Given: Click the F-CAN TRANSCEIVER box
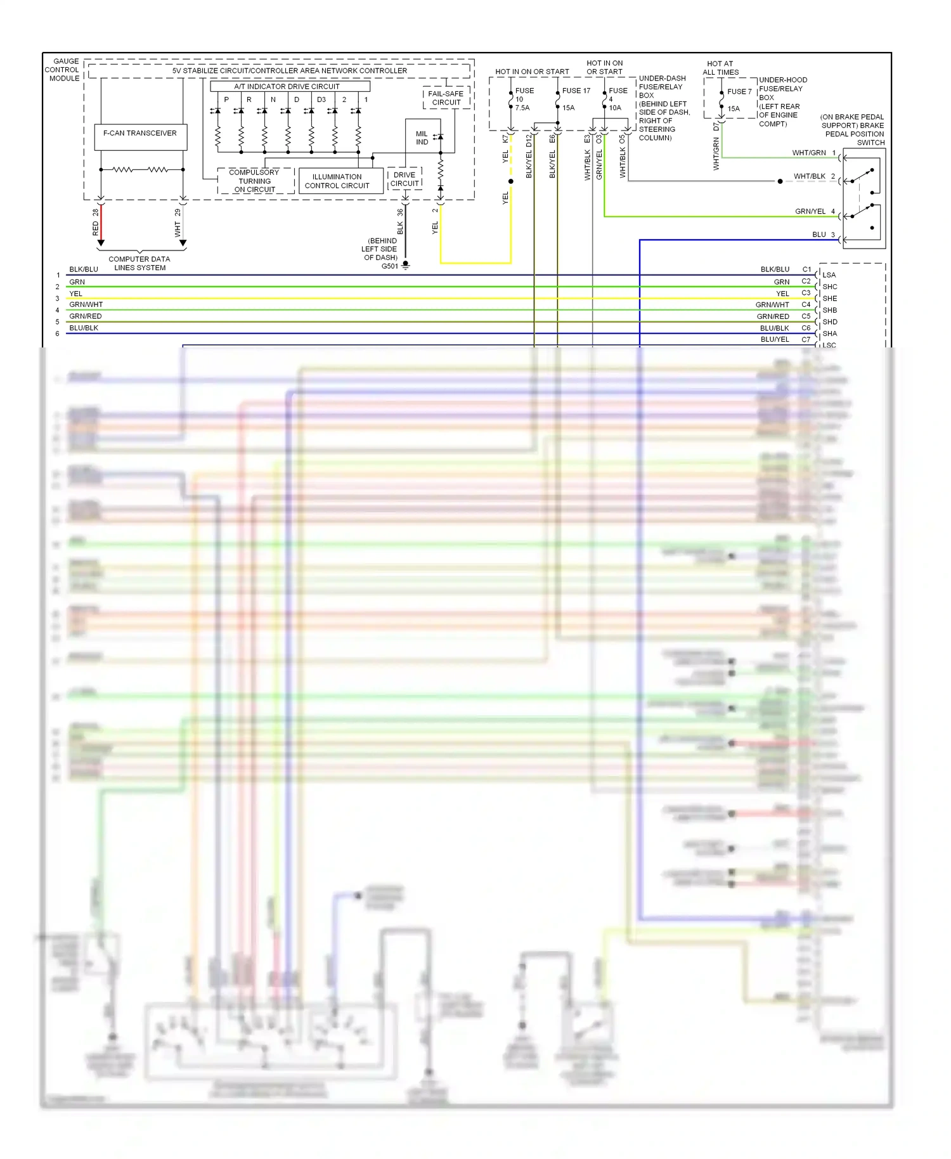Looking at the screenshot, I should click(x=140, y=136).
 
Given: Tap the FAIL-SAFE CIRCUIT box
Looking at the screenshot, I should click(x=446, y=98).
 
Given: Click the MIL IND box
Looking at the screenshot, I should click(x=422, y=138).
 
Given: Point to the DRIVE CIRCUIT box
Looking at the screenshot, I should click(x=404, y=179).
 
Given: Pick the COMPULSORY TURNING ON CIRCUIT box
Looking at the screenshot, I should click(x=255, y=181).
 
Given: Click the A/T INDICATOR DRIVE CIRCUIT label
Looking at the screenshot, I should click(x=287, y=86).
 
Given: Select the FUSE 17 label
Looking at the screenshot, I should click(x=576, y=91).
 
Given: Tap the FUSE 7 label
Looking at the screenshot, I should click(x=739, y=92).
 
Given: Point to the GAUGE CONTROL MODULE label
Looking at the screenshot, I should click(x=62, y=70).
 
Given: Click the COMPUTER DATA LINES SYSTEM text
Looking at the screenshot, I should click(x=139, y=263).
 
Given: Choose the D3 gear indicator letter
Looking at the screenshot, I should click(x=321, y=100).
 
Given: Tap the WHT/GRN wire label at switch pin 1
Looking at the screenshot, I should click(x=808, y=153).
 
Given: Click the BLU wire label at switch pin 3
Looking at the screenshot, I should click(x=819, y=235).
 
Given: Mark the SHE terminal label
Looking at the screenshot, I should click(x=829, y=299).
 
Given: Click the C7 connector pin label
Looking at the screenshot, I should click(x=806, y=340).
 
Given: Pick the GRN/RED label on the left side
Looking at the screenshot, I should click(x=86, y=316).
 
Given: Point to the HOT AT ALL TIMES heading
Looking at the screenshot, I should click(x=720, y=68).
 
